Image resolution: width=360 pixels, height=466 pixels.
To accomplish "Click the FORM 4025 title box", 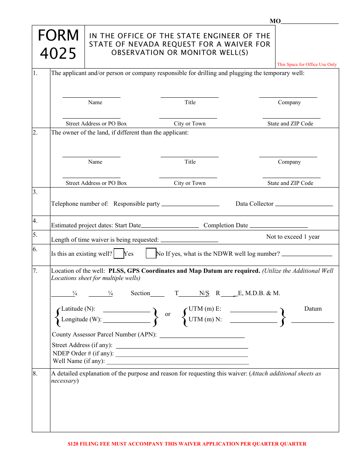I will tap(58, 45).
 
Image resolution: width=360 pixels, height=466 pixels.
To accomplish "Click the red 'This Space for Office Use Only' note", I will tap(307, 64).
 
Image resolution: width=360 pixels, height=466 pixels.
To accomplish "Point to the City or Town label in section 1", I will tap(189, 124).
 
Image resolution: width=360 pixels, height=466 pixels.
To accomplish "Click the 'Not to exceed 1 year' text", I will tap(293, 237).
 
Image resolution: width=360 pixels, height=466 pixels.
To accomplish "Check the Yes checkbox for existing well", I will tap(119, 253).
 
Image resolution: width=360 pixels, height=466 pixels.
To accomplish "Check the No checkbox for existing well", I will tap(151, 253).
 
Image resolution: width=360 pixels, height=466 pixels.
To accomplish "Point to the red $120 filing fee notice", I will tap(187, 444).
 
